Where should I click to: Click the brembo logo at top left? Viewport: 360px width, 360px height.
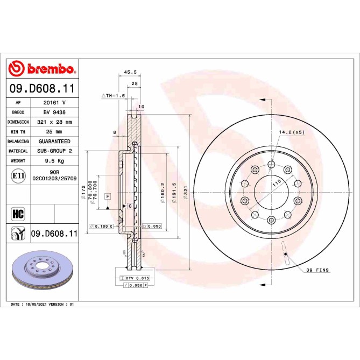point(42,69)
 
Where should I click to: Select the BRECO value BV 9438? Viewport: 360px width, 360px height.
point(55,112)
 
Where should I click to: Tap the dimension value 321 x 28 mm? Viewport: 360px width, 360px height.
point(55,122)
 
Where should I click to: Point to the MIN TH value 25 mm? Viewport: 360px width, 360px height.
point(55,131)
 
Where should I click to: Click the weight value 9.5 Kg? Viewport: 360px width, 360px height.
point(55,160)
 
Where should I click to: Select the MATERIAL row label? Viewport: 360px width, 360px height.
point(18,151)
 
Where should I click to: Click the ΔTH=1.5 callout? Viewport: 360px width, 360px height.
point(113,95)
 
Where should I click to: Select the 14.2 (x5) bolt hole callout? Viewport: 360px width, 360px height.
point(291,132)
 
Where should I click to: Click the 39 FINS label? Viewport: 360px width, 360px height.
point(317,270)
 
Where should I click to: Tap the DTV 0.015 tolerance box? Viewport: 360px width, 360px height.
point(134,278)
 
